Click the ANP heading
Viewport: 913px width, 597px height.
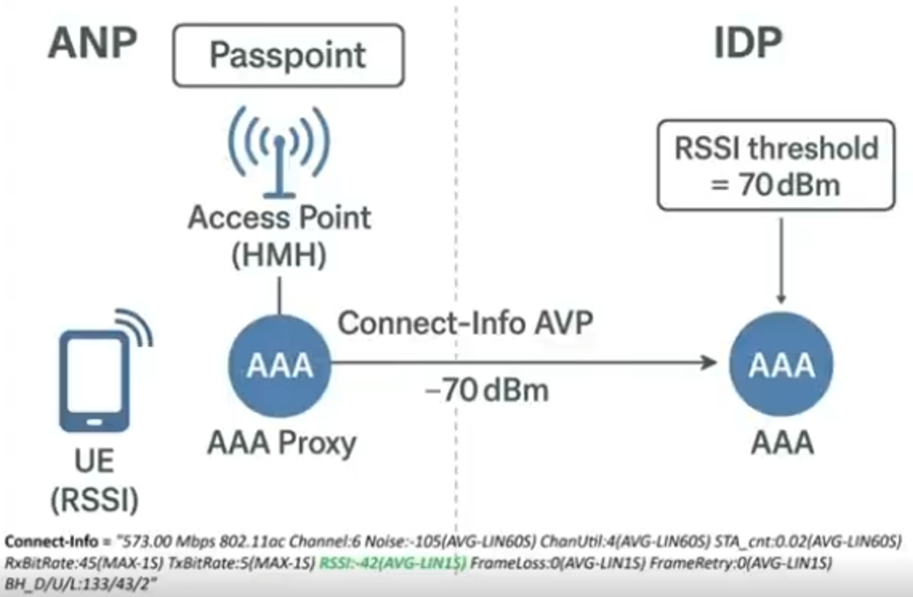92,45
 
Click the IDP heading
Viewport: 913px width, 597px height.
747,45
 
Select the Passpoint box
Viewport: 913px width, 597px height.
289,55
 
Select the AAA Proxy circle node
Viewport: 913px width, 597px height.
280,365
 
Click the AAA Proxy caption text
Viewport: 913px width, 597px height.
282,444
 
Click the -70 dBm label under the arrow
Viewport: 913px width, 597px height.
487,390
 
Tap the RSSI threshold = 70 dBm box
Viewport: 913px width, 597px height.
776,164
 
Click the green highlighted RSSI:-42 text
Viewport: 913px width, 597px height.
393,563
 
